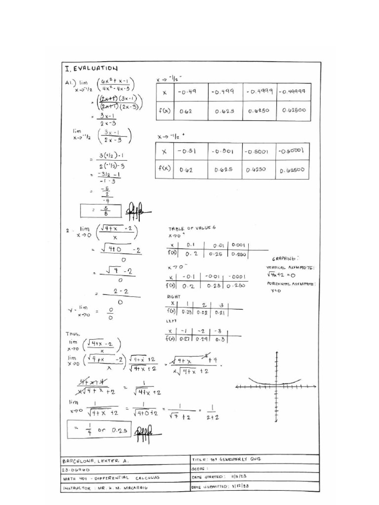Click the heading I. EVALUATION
pyautogui.click(x=91, y=68)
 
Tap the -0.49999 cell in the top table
pyautogui.click(x=294, y=92)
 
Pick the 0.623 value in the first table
pyautogui.click(x=224, y=111)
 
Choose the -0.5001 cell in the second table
pyautogui.click(x=258, y=151)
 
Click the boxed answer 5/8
pyautogui.click(x=101, y=211)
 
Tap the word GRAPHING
pyautogui.click(x=285, y=258)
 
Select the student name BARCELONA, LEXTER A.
pyautogui.click(x=95, y=461)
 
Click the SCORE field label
pyautogui.click(x=202, y=469)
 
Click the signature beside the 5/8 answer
pyautogui.click(x=136, y=211)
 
